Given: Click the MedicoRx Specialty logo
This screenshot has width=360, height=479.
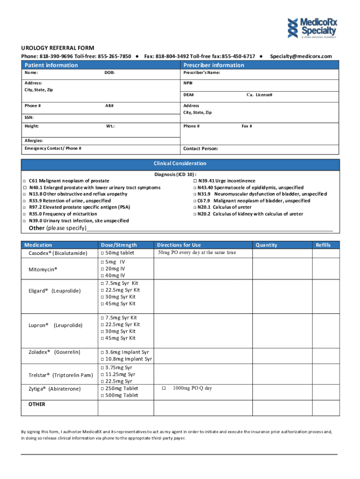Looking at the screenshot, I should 311,27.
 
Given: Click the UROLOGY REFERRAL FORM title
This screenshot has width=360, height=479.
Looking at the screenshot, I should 58,48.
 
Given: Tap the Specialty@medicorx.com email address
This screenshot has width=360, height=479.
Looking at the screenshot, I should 301,56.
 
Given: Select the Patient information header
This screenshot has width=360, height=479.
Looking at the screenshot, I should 51,65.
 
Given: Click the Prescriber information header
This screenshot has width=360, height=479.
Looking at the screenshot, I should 214,65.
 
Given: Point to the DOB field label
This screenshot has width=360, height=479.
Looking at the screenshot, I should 109,73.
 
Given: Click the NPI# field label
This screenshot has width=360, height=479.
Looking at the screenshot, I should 188,83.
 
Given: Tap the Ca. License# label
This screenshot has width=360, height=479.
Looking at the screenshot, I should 259,95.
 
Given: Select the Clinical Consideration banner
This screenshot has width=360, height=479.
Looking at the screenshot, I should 180,164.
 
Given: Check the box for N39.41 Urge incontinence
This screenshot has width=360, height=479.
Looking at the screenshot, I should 195,181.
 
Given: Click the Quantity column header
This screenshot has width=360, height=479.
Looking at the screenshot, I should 266,245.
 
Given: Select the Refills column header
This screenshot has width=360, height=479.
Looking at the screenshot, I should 323,245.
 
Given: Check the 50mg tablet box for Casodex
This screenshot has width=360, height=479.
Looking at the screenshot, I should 102,253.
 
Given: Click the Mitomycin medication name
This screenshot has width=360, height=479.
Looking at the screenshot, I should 43,270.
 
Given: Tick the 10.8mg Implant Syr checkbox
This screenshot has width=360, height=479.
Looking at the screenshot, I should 102,359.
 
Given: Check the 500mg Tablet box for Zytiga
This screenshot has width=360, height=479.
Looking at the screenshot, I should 102,395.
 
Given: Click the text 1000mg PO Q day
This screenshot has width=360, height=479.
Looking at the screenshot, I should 192,388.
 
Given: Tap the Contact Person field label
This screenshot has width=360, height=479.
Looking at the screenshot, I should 200,149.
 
